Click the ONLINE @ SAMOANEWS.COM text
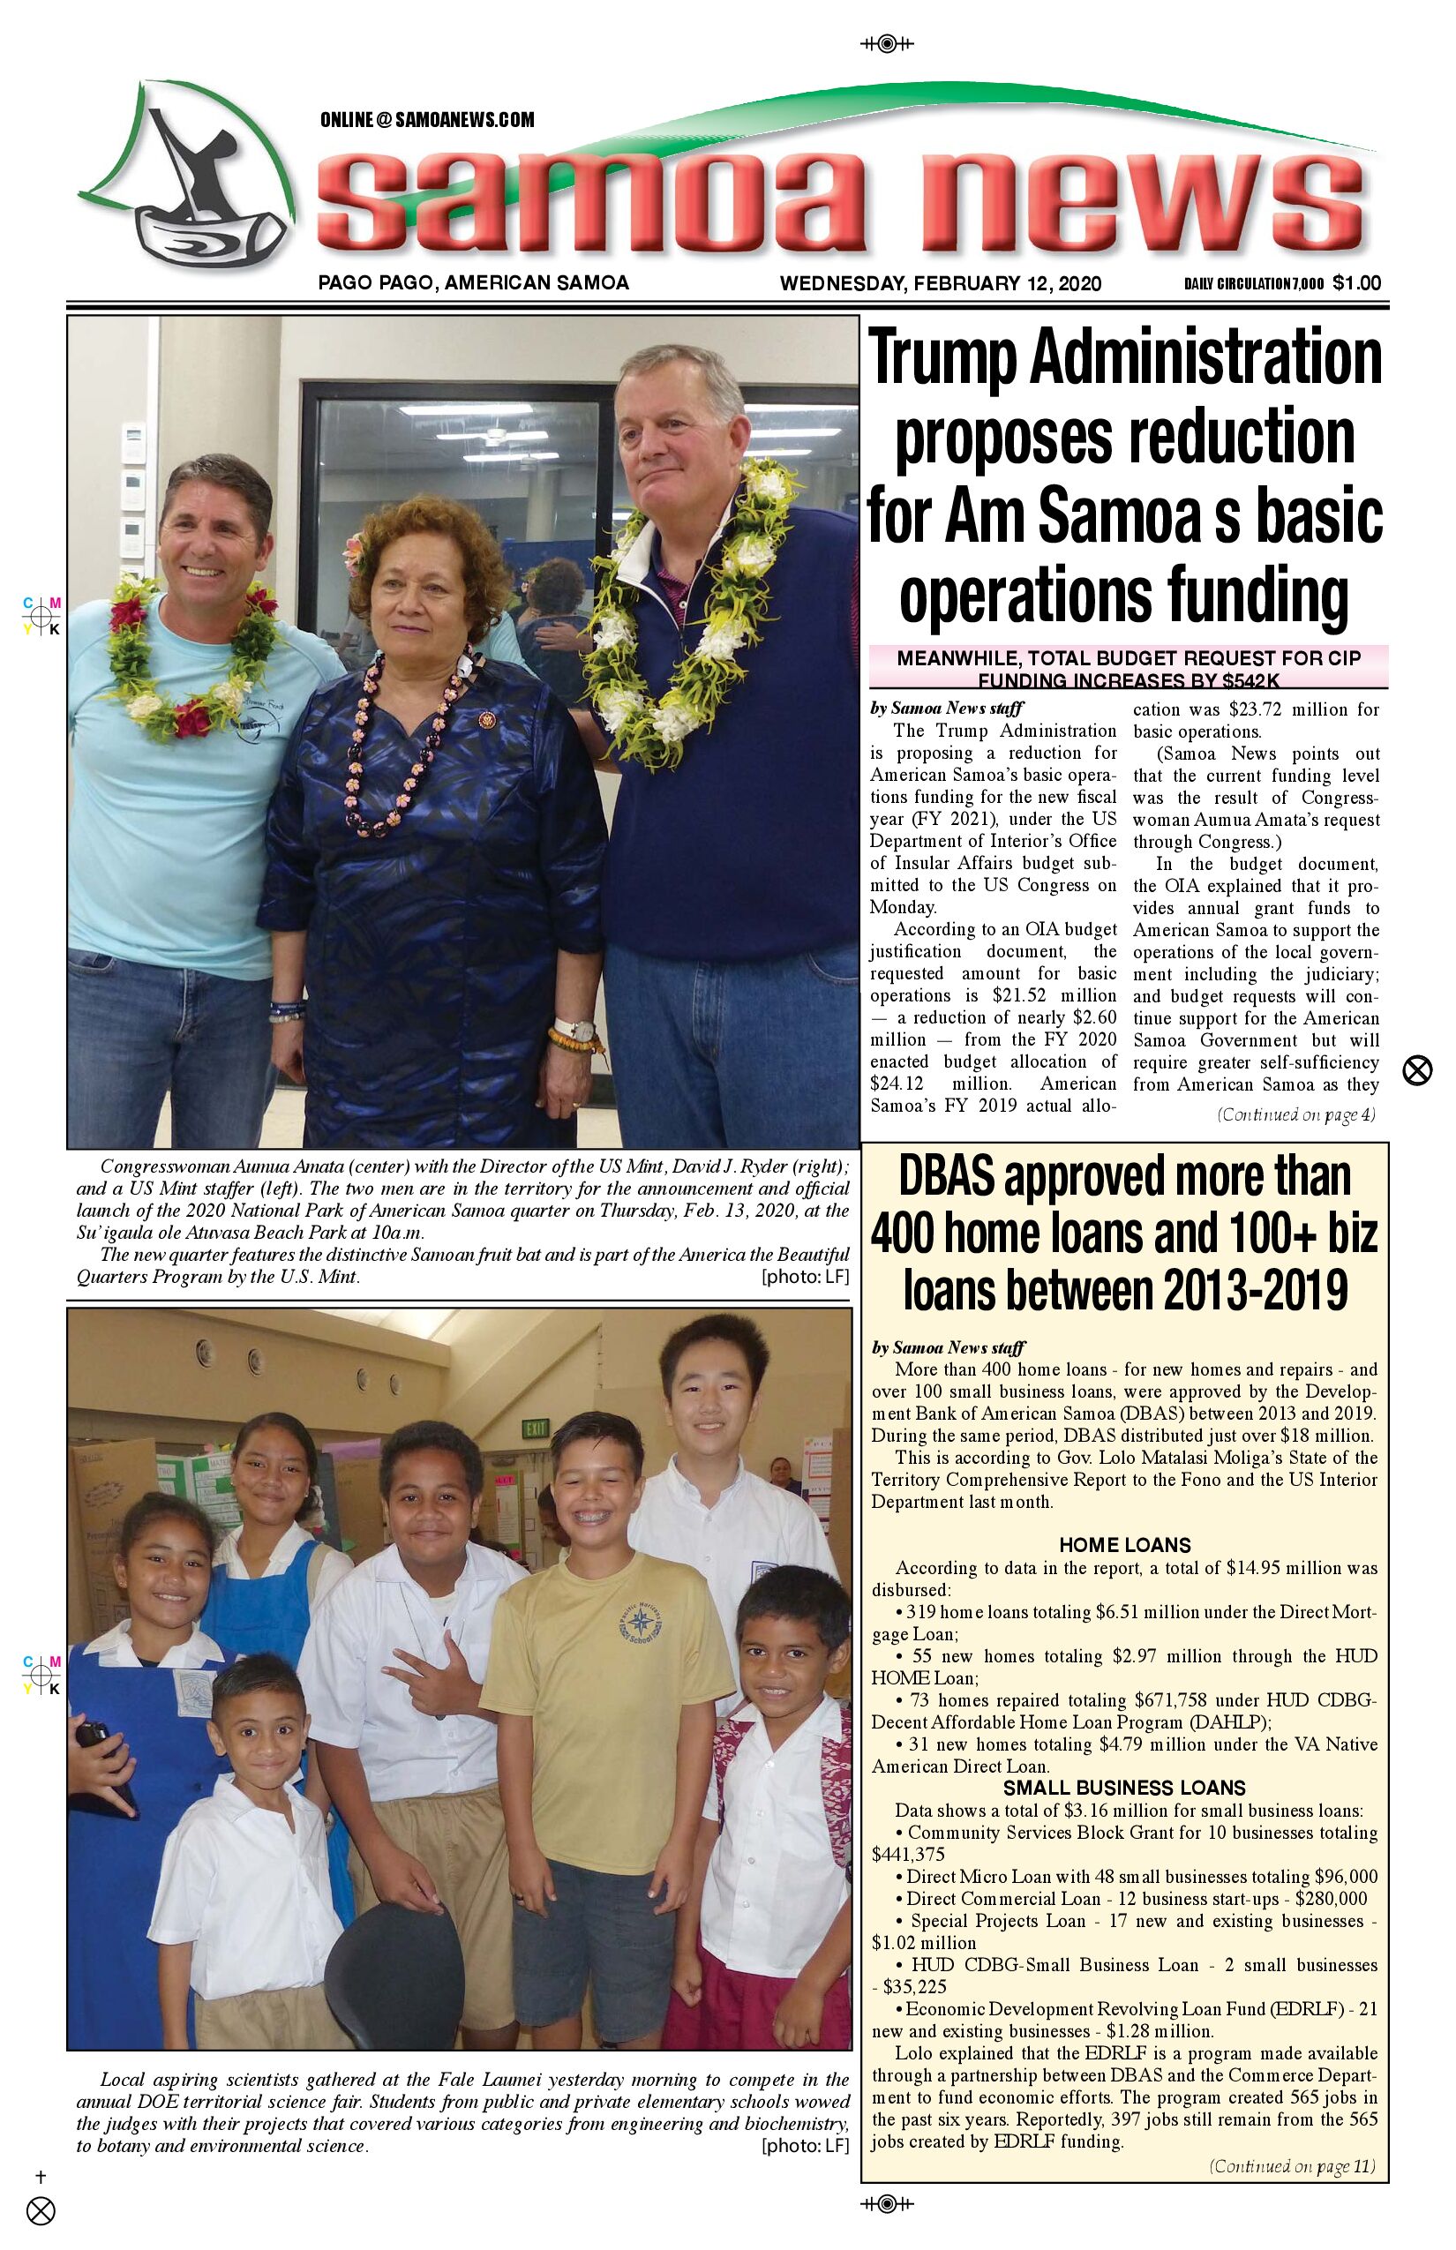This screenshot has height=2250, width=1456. point(427,120)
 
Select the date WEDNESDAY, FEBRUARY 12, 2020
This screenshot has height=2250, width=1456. point(940,282)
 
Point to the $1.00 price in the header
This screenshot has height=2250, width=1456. point(1357,282)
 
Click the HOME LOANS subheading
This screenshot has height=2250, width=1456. point(1124,1546)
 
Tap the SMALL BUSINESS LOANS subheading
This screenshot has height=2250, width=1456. point(1124,1788)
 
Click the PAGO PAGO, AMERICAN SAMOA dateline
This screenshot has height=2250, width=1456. point(474,282)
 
